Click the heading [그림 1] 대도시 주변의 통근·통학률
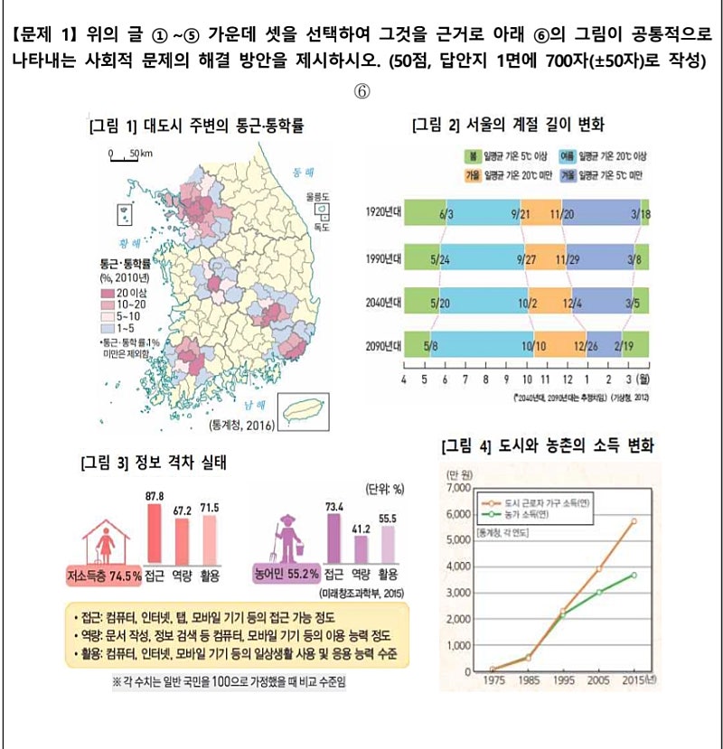click(196, 126)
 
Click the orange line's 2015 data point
click(634, 521)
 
